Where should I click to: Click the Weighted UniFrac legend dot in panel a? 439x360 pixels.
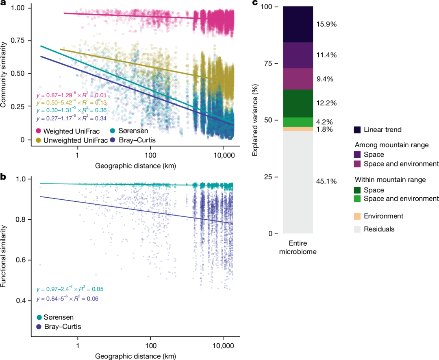pos(39,131)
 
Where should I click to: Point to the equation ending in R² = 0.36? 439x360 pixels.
pos(72,111)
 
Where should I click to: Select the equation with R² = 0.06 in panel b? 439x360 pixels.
pos(67,299)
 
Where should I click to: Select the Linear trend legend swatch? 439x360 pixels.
pos(357,130)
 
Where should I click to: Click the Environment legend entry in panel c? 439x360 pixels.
pos(383,216)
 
